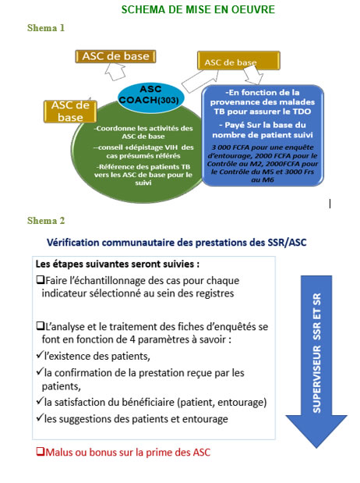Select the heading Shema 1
[46, 27]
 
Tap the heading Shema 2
[46, 221]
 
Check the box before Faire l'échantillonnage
[40, 279]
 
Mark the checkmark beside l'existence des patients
[40, 355]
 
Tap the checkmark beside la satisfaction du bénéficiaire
[40, 402]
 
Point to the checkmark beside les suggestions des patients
[40, 419]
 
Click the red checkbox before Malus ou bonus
[40, 452]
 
